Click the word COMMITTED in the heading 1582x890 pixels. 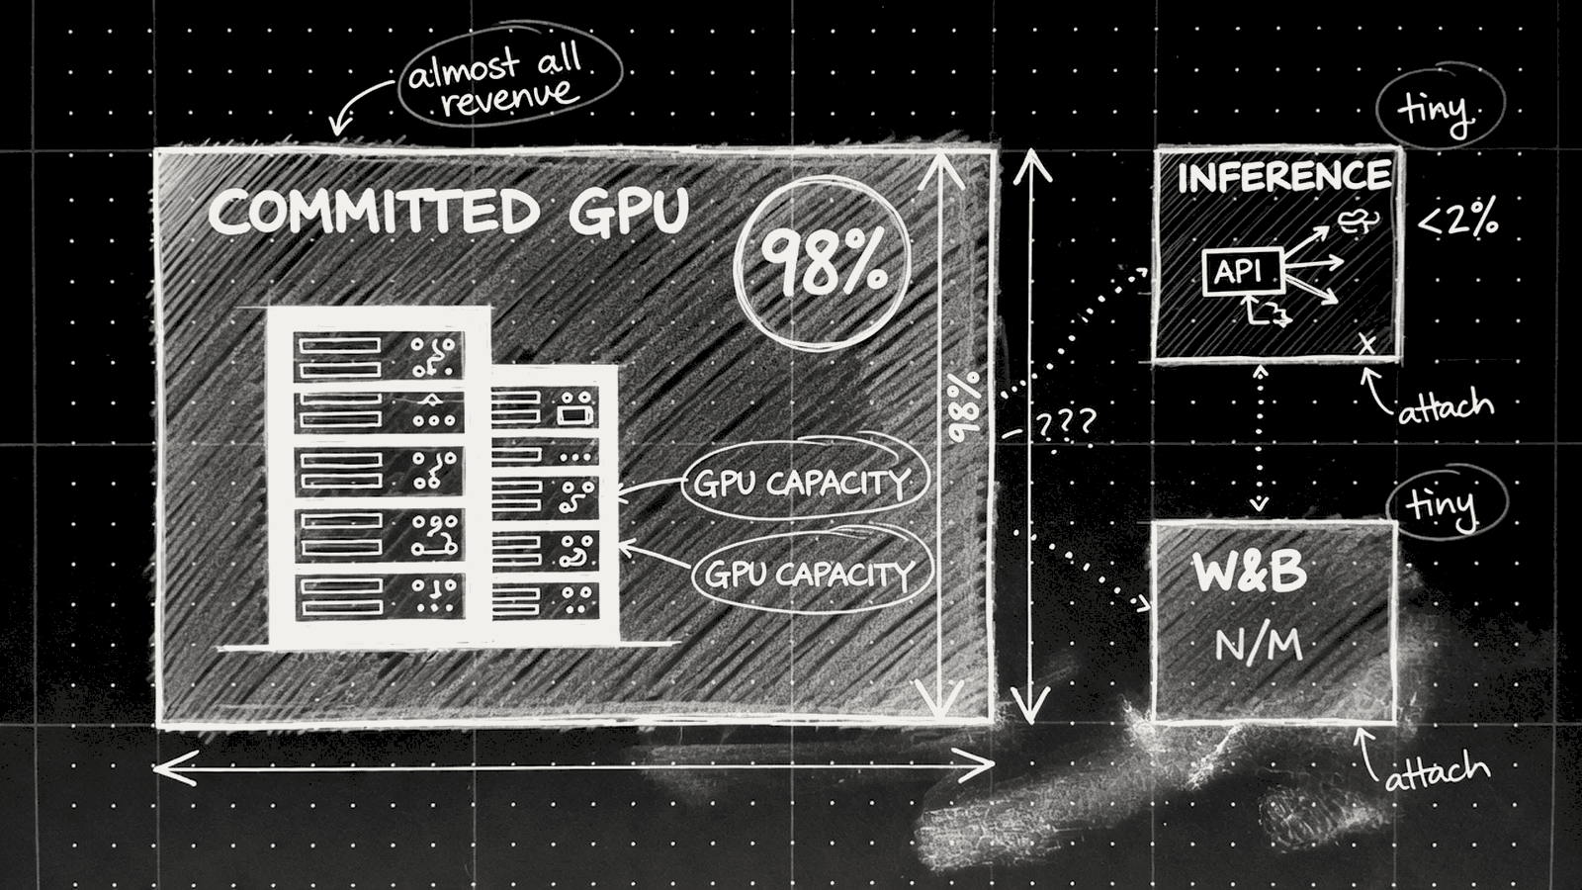tap(374, 212)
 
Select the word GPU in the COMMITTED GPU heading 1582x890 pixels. tap(629, 211)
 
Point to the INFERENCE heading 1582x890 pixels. tap(1284, 177)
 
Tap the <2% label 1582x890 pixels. tap(1457, 222)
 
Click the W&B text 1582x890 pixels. tap(1250, 573)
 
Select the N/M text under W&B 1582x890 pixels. tap(1259, 645)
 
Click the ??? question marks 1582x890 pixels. tap(1065, 424)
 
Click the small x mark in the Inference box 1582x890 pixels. tap(1367, 345)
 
